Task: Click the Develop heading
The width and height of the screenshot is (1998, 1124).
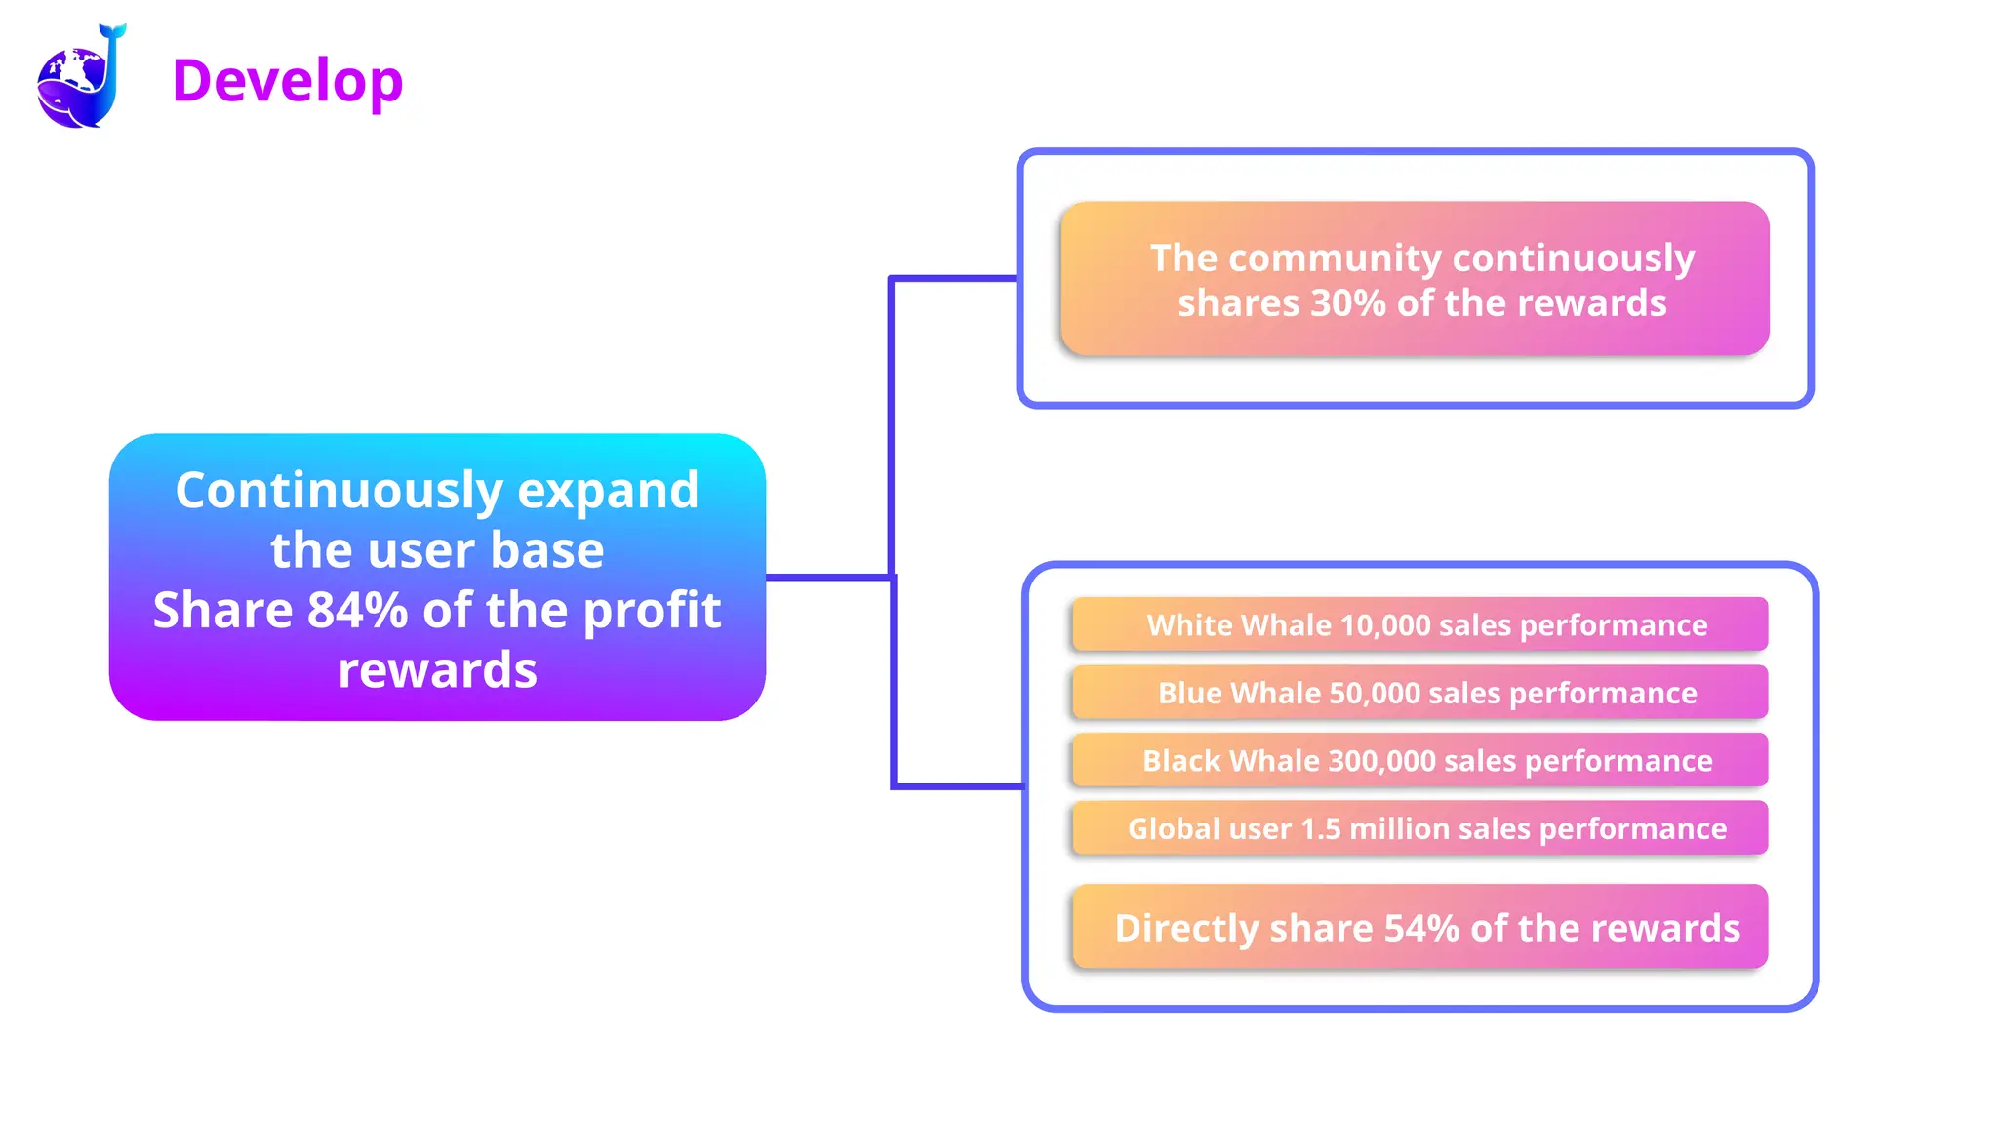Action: click(x=287, y=80)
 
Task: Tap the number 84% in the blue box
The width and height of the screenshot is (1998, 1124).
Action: click(x=357, y=611)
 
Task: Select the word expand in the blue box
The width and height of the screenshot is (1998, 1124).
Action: click(x=608, y=491)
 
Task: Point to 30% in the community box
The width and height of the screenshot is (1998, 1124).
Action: click(x=1348, y=303)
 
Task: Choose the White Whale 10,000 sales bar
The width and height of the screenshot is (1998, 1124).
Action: click(x=1419, y=624)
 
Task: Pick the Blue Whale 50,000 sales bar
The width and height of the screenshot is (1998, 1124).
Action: click(x=1419, y=693)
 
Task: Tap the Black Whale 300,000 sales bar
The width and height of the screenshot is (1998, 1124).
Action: click(x=1419, y=760)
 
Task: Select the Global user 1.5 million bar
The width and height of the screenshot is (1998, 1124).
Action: click(x=1419, y=828)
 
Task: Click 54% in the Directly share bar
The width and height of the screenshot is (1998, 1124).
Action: click(x=1421, y=928)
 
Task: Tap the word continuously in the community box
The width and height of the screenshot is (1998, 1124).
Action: click(x=1574, y=259)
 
